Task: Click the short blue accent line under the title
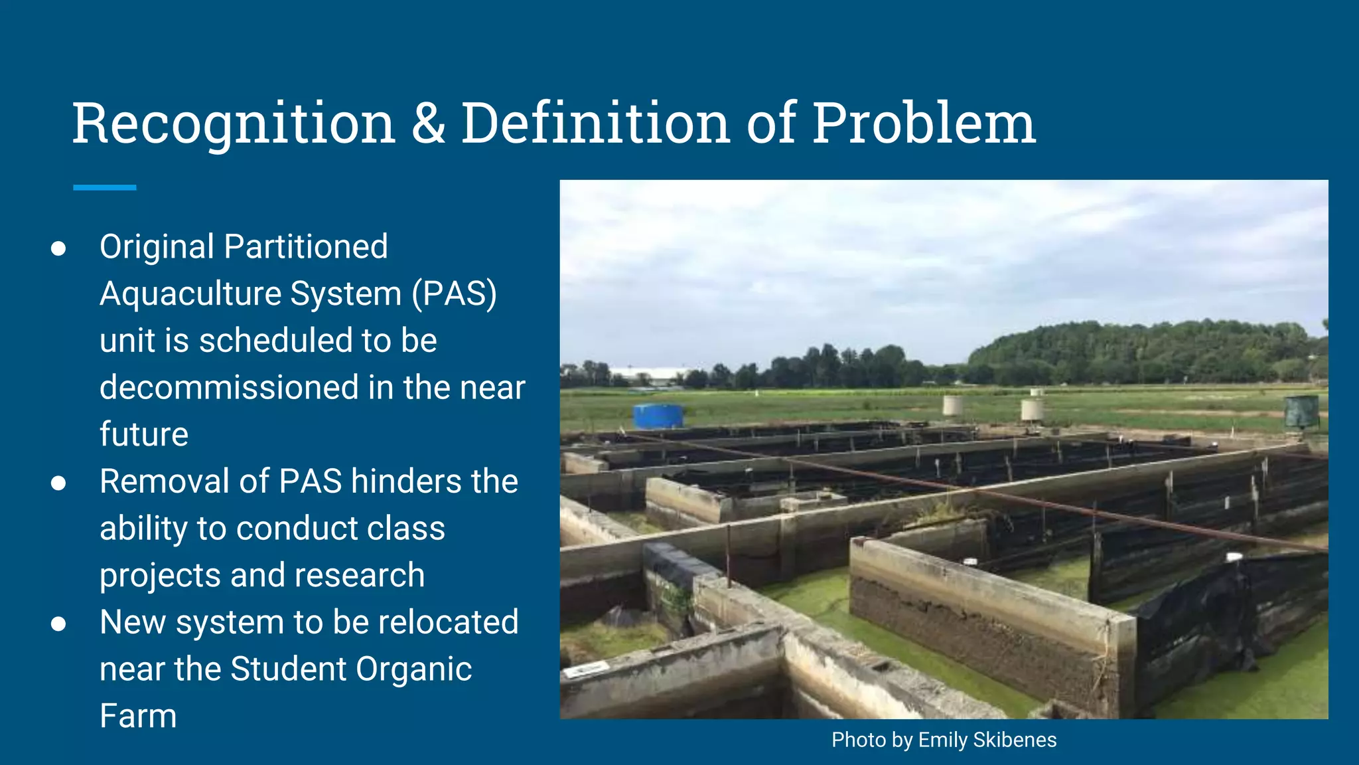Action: pos(105,188)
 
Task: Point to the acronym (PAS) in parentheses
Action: pos(454,294)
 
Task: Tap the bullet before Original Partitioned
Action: pos(58,248)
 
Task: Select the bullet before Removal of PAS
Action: pos(58,483)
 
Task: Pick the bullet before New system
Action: pos(58,624)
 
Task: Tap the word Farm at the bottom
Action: pos(138,716)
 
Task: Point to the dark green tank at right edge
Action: pos(1301,412)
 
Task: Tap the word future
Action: pos(144,434)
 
